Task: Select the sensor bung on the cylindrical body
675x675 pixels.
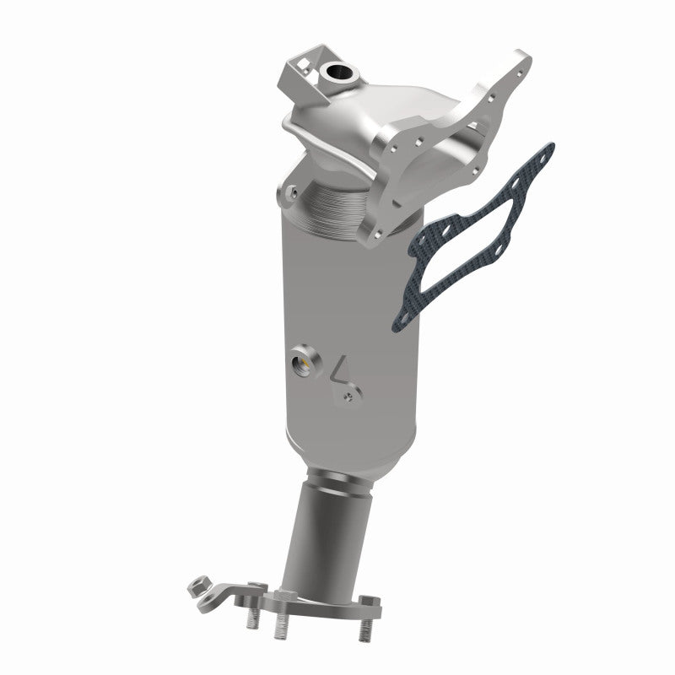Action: coord(302,364)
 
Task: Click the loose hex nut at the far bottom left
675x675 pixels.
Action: coord(200,584)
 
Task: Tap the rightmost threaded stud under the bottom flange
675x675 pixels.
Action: coord(364,627)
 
